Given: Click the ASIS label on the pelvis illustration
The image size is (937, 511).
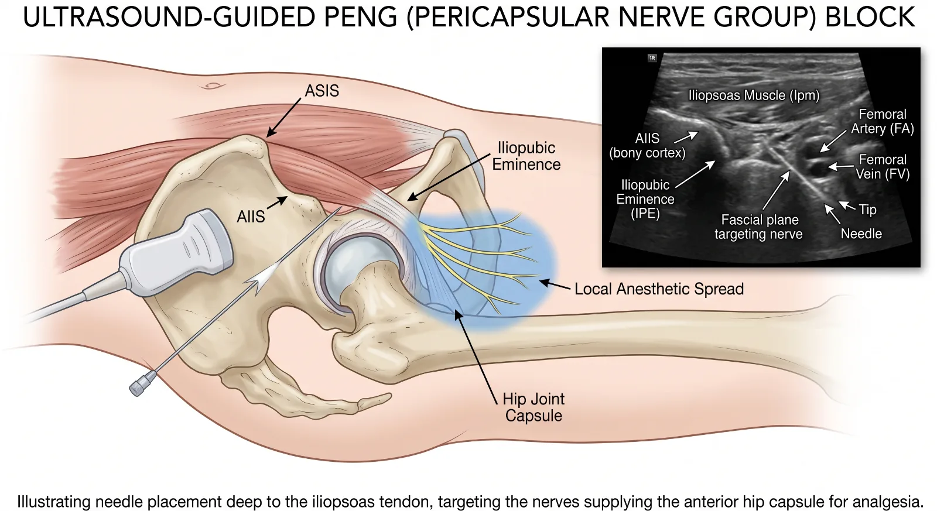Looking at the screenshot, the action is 322,91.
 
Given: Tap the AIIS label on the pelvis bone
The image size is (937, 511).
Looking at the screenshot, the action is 251,217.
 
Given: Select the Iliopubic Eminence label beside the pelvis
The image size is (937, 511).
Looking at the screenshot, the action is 526,156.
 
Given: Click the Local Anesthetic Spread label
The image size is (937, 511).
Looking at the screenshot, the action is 659,289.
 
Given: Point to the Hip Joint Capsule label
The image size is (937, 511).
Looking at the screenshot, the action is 534,407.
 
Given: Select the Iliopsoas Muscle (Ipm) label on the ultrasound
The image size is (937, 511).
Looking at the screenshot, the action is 754,95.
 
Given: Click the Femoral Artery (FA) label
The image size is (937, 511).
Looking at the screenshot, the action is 882,121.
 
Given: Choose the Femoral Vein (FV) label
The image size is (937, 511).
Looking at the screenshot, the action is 883,166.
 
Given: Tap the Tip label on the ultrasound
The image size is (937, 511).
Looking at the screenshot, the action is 867,210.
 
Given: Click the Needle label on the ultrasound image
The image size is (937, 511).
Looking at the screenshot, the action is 861,234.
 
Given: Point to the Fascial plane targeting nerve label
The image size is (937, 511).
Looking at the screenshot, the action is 759,227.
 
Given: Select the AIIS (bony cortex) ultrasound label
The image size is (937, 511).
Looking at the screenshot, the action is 647,146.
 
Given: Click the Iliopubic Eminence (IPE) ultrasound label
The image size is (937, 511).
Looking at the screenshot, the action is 645,199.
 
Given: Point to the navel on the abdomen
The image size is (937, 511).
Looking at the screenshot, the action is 212,85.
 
